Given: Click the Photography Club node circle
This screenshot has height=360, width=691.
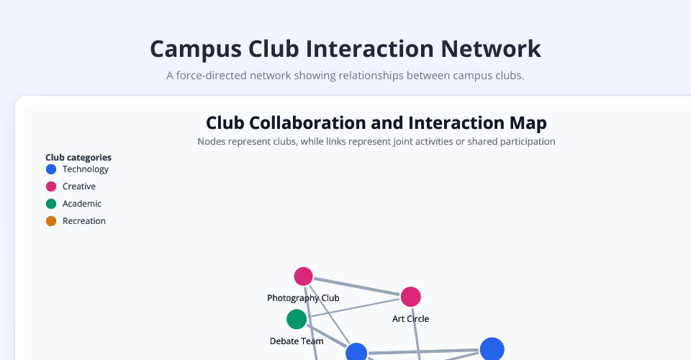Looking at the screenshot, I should pyautogui.click(x=303, y=276).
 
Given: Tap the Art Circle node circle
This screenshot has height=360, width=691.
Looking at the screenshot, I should pyautogui.click(x=410, y=297).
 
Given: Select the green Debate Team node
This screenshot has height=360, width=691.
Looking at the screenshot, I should pyautogui.click(x=297, y=319).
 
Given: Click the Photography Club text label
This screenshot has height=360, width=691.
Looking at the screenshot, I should pyautogui.click(x=303, y=298).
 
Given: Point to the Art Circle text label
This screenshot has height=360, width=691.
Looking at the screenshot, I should pyautogui.click(x=410, y=318).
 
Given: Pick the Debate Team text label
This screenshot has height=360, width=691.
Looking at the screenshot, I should pyautogui.click(x=297, y=341).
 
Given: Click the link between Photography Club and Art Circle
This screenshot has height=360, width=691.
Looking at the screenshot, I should pyautogui.click(x=356, y=287).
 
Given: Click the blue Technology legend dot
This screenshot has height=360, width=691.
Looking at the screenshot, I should pyautogui.click(x=51, y=169).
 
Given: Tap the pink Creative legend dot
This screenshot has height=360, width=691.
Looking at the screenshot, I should pyautogui.click(x=51, y=186).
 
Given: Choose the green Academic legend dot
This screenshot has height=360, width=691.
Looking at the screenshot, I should pyautogui.click(x=51, y=204).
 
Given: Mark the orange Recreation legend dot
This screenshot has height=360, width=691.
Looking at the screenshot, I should pyautogui.click(x=51, y=221).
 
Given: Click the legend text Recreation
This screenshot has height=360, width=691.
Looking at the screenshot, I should pyautogui.click(x=84, y=221).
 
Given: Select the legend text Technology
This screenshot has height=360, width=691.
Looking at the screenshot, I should pyautogui.click(x=86, y=169).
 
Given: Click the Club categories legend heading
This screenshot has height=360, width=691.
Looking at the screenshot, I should pyautogui.click(x=78, y=157).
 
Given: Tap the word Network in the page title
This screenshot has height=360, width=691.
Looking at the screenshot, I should pyautogui.click(x=490, y=49).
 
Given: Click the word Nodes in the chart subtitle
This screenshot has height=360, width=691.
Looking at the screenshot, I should pyautogui.click(x=211, y=142).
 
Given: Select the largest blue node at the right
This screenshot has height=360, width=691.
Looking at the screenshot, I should pyautogui.click(x=492, y=349).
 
